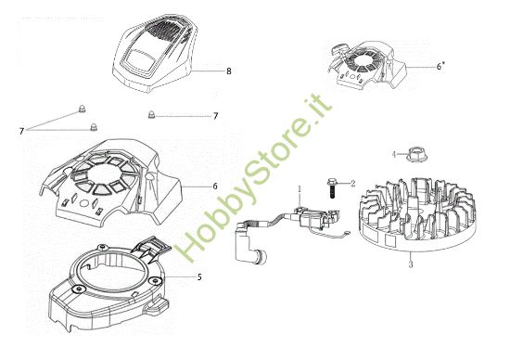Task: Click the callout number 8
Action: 228,71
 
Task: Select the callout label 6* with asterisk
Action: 441,66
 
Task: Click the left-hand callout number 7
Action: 20,131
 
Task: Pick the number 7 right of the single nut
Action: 215,116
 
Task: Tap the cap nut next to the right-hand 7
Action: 153,115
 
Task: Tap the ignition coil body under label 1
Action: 310,221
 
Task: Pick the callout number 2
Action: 353,184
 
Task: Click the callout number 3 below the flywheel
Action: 411,264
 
